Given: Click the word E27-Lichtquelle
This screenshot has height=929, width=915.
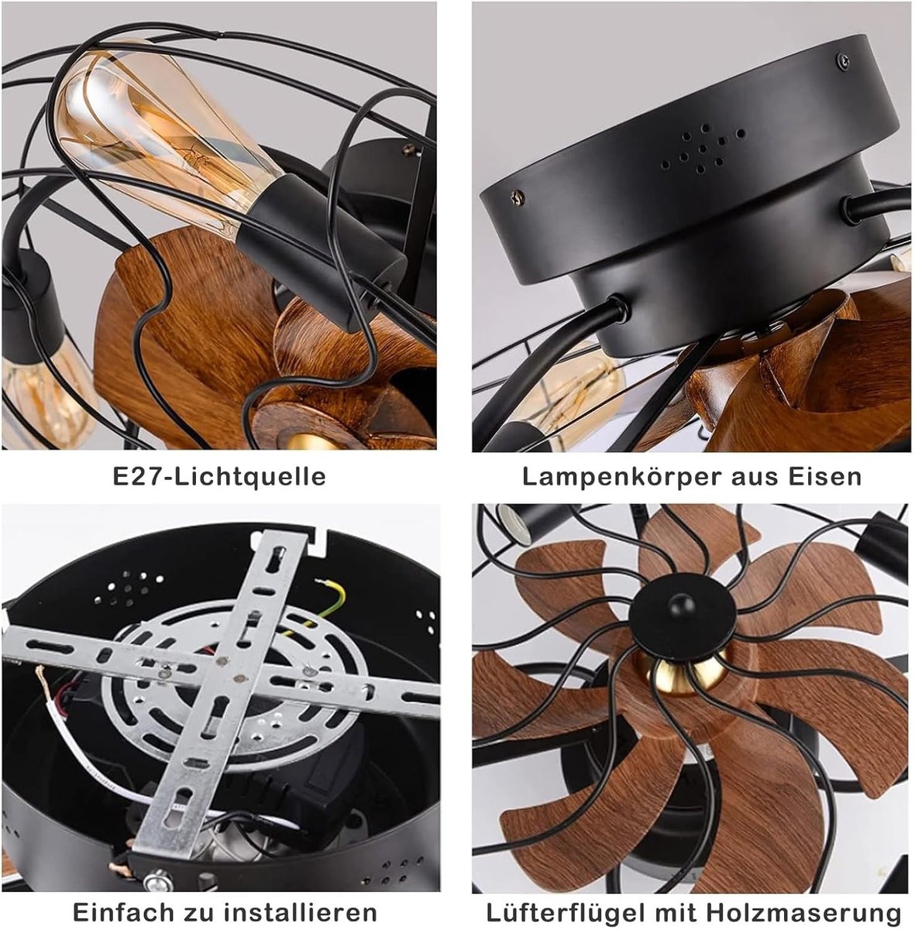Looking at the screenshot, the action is (x=219, y=477).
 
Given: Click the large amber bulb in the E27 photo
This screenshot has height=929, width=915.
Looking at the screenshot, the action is (x=164, y=135).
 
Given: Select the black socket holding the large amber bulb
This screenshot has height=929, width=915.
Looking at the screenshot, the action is (x=321, y=251).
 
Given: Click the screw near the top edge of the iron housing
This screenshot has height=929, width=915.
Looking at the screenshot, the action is (x=843, y=60).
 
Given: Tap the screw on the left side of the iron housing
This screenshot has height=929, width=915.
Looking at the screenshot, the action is (x=517, y=196).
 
